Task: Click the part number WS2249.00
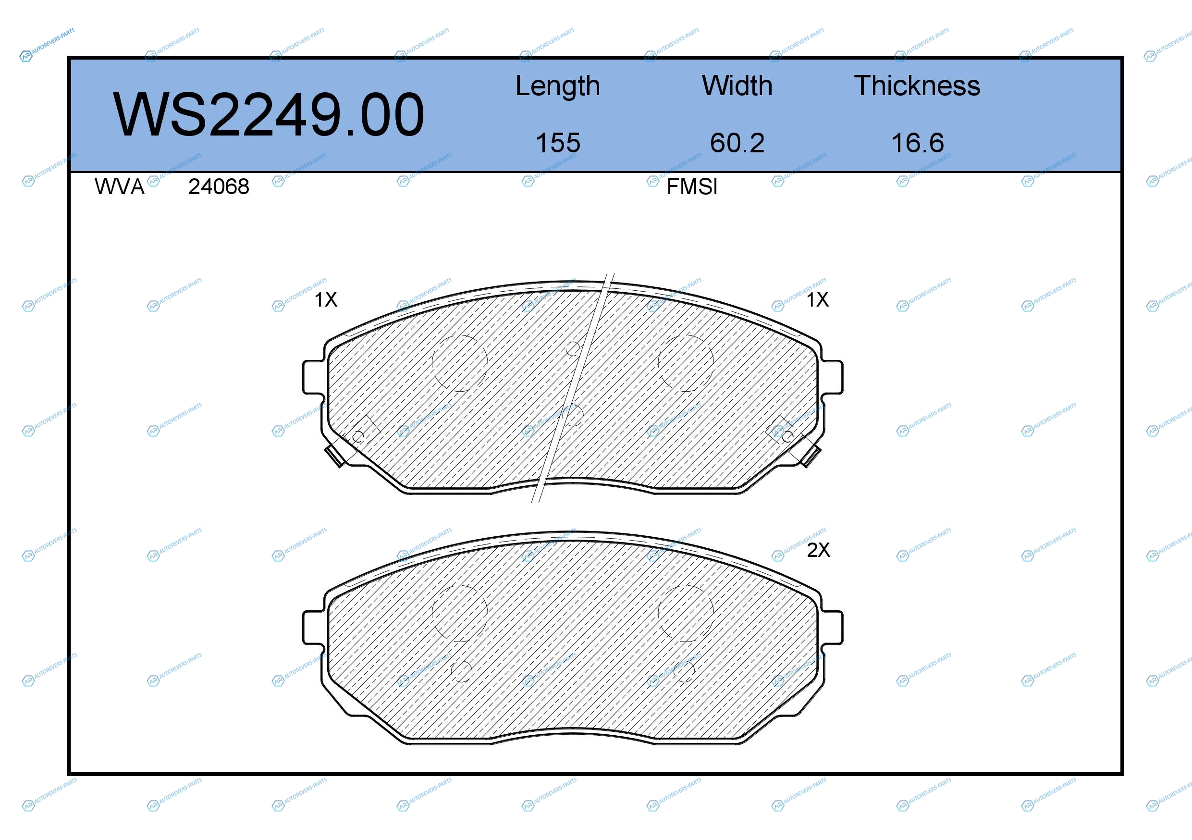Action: click(x=269, y=115)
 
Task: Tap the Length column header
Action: click(x=558, y=86)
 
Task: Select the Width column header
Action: click(x=737, y=86)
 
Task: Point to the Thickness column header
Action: click(x=917, y=86)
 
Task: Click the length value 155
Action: click(x=558, y=143)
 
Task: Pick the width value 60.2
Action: click(x=737, y=143)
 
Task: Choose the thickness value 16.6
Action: click(x=917, y=143)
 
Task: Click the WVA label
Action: click(x=120, y=187)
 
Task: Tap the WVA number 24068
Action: click(x=219, y=187)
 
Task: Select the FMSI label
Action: click(x=692, y=187)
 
